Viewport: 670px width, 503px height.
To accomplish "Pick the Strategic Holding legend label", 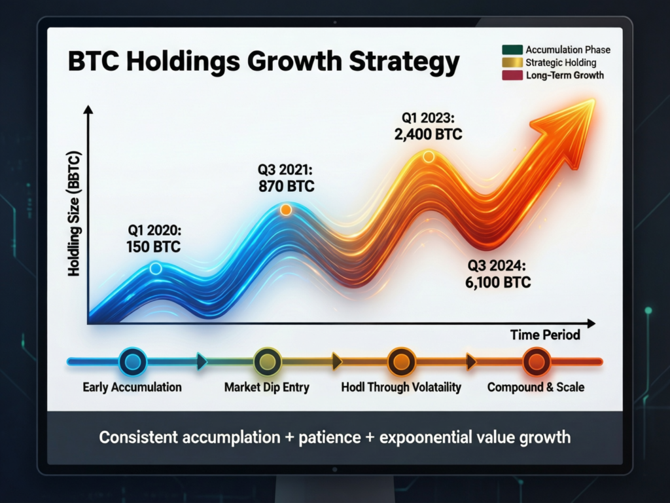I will pos(561,63).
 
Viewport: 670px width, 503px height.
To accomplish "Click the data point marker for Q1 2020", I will pos(156,268).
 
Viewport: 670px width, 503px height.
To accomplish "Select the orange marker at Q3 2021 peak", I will pos(285,210).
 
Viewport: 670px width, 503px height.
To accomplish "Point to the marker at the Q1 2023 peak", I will pos(428,157).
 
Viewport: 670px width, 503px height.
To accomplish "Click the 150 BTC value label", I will pos(153,248).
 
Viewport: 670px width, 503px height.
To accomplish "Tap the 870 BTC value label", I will pos(287,187).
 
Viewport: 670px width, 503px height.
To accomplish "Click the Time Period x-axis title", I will pos(544,335).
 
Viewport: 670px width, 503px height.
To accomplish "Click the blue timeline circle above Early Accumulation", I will pos(132,362).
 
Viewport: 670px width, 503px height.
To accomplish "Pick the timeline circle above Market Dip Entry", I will pos(268,362).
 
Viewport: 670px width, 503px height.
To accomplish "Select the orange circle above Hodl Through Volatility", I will pos(401,362).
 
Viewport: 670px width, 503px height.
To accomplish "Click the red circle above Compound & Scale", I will pos(536,362).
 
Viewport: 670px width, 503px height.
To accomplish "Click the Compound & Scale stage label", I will pos(536,387).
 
